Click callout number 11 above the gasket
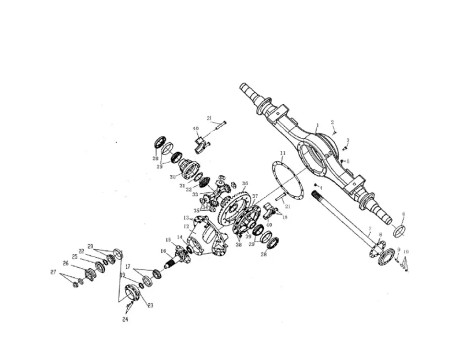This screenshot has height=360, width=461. pyautogui.click(x=283, y=153)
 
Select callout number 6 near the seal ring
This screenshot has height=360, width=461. pyautogui.click(x=403, y=214)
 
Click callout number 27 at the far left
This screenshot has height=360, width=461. pyautogui.click(x=53, y=272)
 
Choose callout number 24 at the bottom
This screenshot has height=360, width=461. pyautogui.click(x=125, y=320)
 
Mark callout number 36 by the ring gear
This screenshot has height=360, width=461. pyautogui.click(x=245, y=183)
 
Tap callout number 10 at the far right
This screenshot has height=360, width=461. pyautogui.click(x=406, y=252)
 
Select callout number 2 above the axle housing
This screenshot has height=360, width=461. pyautogui.click(x=332, y=122)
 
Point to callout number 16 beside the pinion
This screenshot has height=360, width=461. pyautogui.click(x=164, y=251)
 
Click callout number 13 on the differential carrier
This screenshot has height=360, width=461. pyautogui.click(x=185, y=218)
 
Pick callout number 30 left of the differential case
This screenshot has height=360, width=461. pyautogui.click(x=172, y=177)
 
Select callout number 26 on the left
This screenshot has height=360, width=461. pyautogui.click(x=65, y=263)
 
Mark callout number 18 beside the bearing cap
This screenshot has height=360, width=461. pyautogui.click(x=285, y=217)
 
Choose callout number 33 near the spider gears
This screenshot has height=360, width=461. pyautogui.click(x=194, y=194)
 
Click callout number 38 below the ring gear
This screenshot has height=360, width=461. pyautogui.click(x=239, y=244)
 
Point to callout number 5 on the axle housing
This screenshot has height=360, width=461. pyautogui.click(x=348, y=161)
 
